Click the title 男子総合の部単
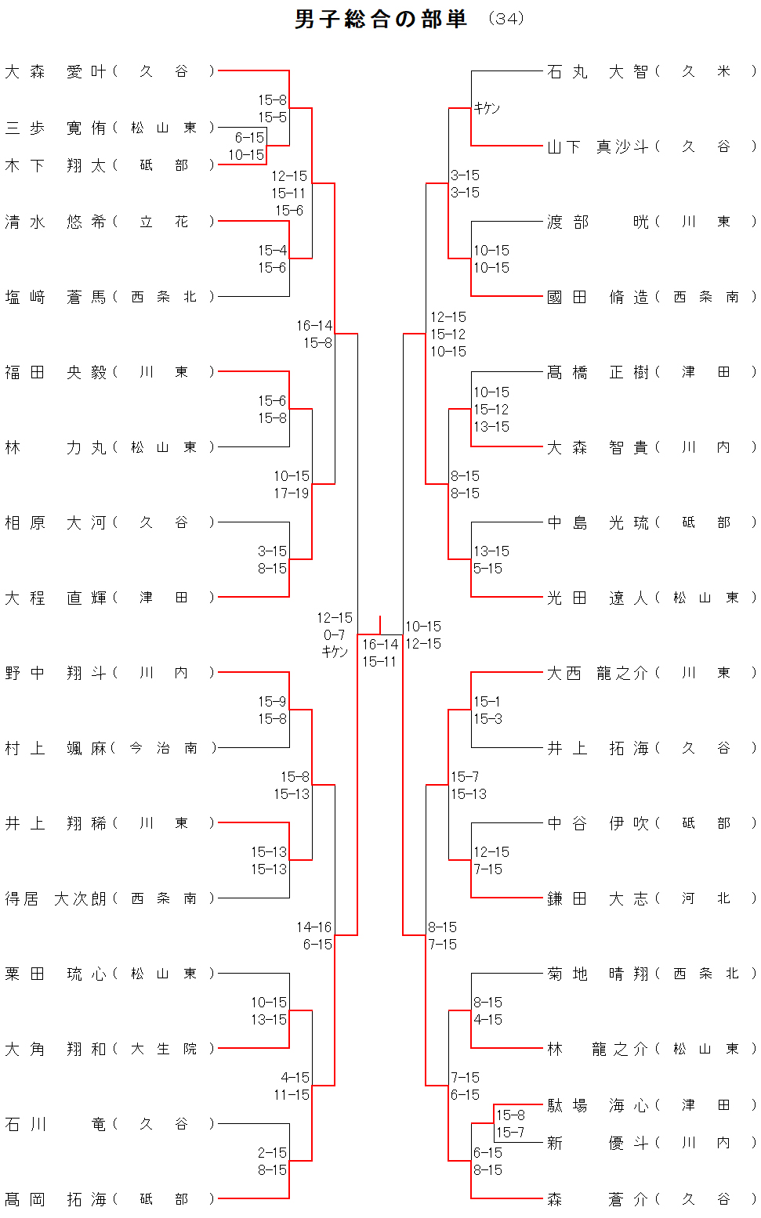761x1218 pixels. coord(380,19)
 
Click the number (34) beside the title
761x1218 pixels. coord(506,19)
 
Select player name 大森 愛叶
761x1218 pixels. coord(55,72)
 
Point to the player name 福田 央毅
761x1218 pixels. coord(55,373)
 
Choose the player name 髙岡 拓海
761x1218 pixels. coord(55,1199)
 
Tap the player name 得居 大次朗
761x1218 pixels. coord(55,898)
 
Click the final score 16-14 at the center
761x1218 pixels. coord(380,645)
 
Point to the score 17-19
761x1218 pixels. coord(292,493)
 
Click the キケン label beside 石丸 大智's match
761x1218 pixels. coord(487,108)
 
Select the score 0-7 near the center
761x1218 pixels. coord(334,635)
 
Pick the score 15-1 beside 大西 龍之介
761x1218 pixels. coord(487,702)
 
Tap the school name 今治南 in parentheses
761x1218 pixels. coord(163,748)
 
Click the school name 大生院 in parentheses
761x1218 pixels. coord(163,1049)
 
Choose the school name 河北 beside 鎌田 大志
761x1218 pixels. coord(705,898)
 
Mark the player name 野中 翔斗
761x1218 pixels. coord(55,673)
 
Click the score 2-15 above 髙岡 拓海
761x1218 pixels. coord(272,1153)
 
